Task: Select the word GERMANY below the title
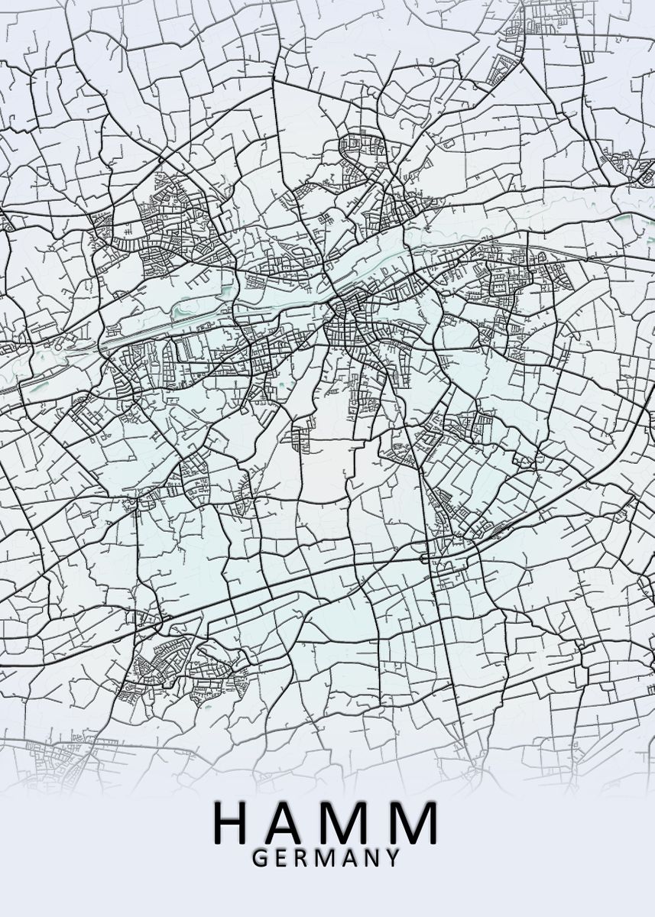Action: pyautogui.click(x=326, y=858)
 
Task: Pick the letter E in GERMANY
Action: pyautogui.click(x=283, y=858)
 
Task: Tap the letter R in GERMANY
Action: pyautogui.click(x=304, y=858)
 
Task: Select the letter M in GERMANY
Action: pyautogui.click(x=329, y=858)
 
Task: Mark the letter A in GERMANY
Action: pyautogui.click(x=352, y=858)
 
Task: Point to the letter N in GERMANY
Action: pyautogui.click(x=374, y=858)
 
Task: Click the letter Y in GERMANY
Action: pyautogui.click(x=394, y=858)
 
